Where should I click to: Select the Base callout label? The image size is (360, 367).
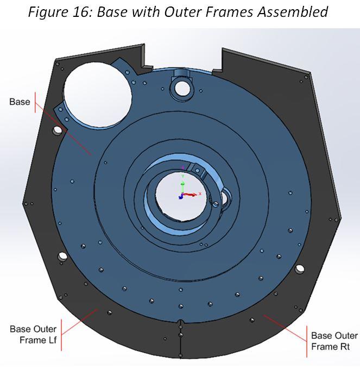(20, 102)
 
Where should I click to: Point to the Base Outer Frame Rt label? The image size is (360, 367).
(334, 341)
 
